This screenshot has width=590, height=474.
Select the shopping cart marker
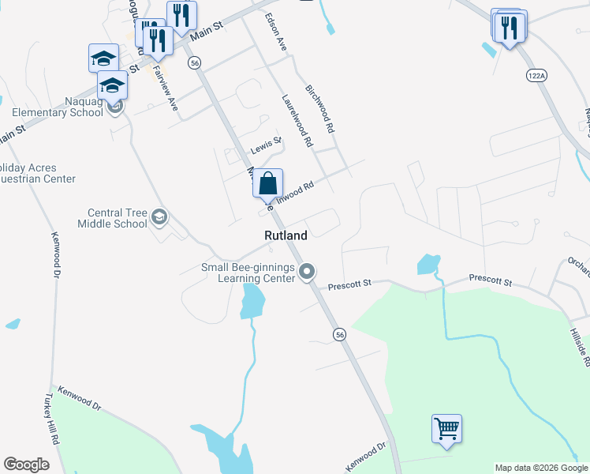(446, 429)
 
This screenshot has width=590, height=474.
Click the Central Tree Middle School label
(112, 218)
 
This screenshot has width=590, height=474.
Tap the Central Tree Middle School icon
(159, 216)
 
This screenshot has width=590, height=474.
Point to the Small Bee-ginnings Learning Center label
(248, 273)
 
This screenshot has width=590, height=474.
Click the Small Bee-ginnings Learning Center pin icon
(307, 272)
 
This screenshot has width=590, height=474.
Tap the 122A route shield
(536, 74)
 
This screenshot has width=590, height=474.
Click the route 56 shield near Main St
(195, 62)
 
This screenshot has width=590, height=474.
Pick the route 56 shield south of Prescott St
(339, 334)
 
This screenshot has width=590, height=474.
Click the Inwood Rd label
(296, 191)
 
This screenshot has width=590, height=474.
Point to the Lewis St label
(266, 145)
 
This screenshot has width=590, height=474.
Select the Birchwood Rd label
(320, 108)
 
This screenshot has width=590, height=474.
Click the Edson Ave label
(275, 32)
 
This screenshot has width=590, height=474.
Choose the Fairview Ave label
(166, 87)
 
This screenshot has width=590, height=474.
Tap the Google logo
(26, 464)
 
